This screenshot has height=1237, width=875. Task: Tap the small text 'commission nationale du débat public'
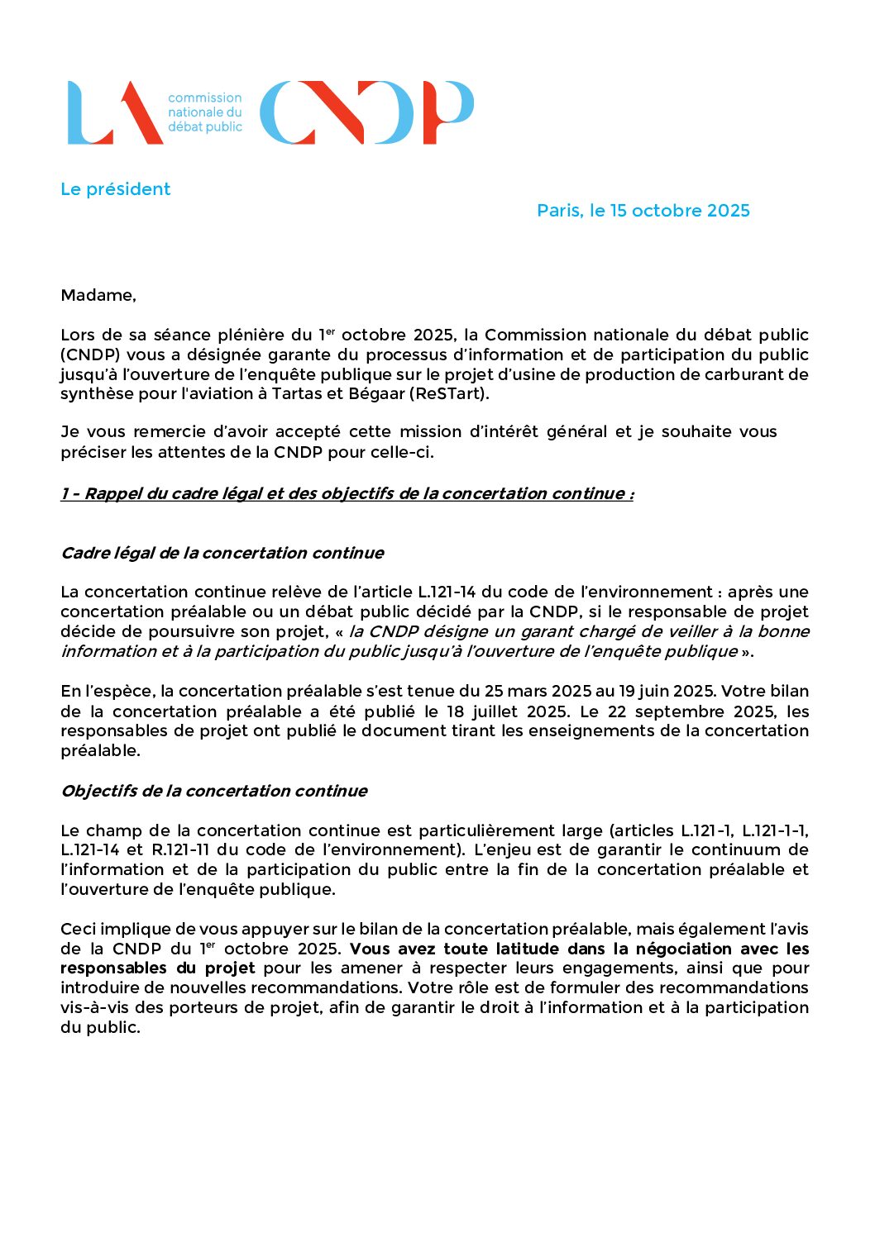tap(204, 112)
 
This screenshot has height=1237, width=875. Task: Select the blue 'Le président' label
tap(115, 189)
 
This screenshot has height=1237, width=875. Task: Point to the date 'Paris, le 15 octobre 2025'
tap(643, 211)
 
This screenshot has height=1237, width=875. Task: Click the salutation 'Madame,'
tap(98, 296)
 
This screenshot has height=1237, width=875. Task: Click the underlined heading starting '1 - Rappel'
tap(347, 494)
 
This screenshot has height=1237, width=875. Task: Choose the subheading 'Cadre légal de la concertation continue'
tap(222, 553)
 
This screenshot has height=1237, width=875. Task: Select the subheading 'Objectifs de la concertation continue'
tap(213, 791)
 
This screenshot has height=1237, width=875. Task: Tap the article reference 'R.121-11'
tap(179, 850)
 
